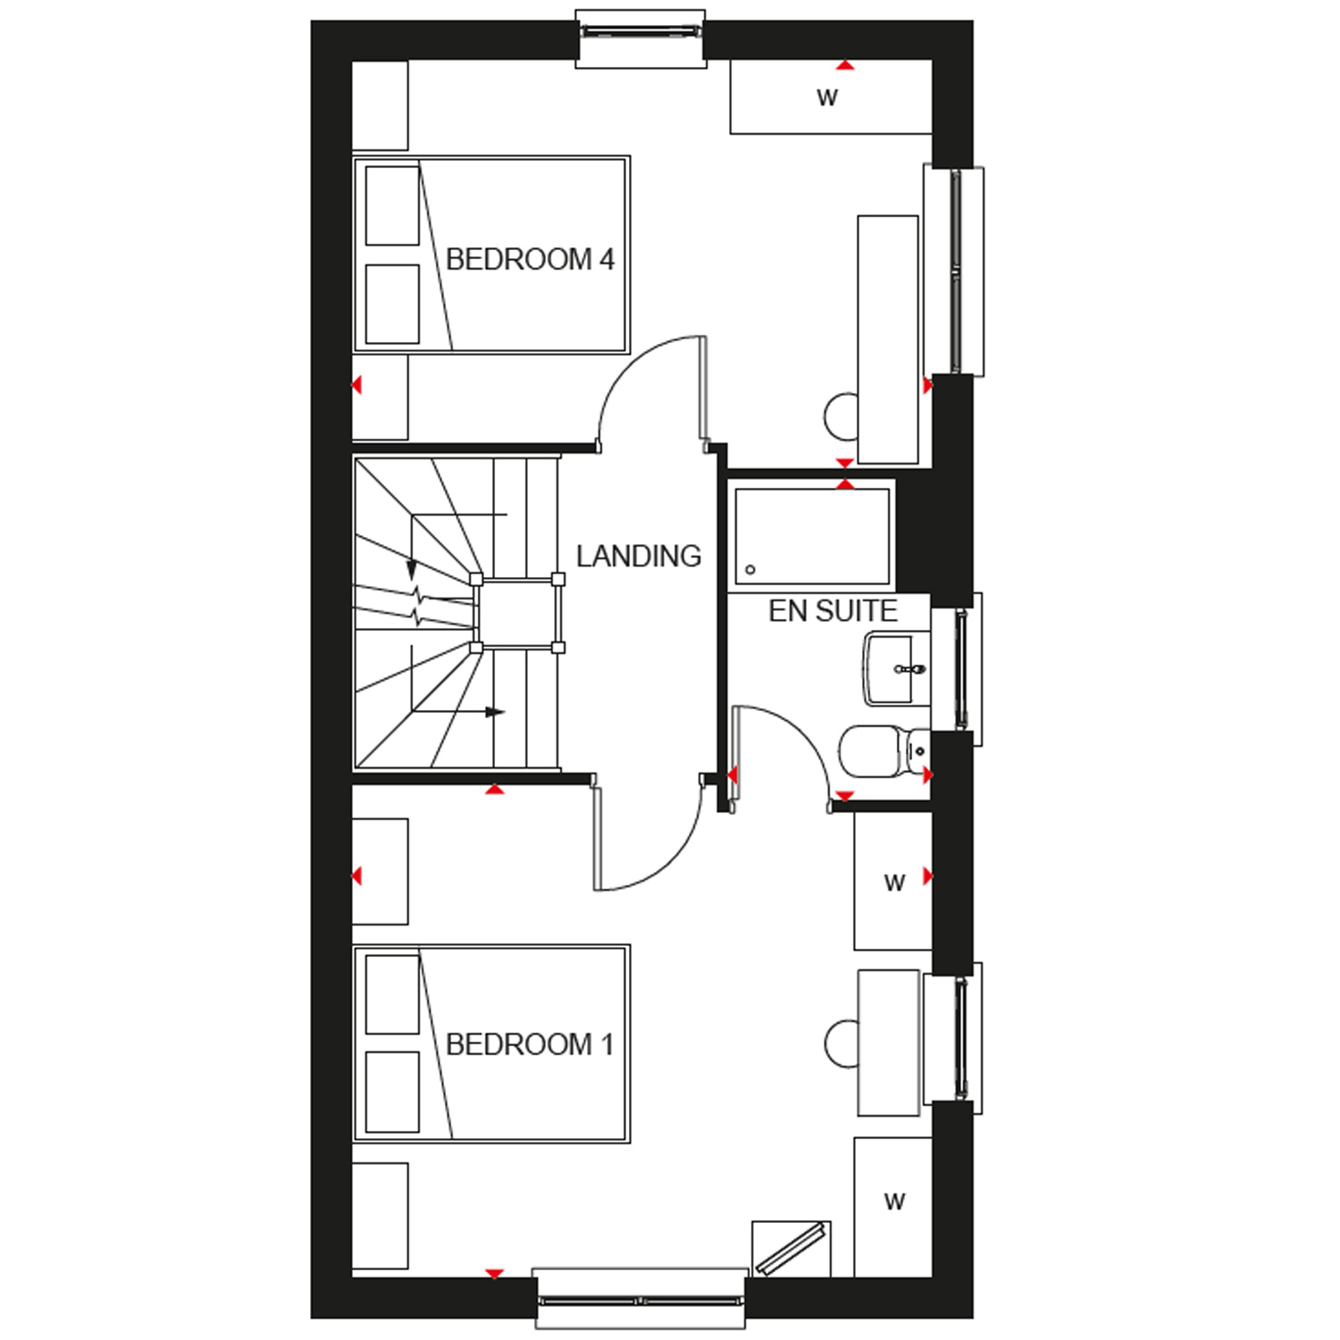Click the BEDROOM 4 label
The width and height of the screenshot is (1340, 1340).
[530, 259]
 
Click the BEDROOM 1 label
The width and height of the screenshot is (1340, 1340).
[530, 1043]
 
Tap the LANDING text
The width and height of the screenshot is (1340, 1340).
[639, 556]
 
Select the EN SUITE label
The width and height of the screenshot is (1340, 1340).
[833, 611]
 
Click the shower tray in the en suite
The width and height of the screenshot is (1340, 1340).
[812, 536]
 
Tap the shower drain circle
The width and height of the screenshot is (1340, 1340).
[750, 569]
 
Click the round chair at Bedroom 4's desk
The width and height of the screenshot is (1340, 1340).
[841, 416]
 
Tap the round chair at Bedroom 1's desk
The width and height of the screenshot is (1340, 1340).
[841, 1043]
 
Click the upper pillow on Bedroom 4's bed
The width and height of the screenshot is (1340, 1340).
[392, 205]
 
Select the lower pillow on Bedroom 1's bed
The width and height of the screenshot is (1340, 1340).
[392, 1092]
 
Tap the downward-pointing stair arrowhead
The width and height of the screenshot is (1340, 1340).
[412, 569]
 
